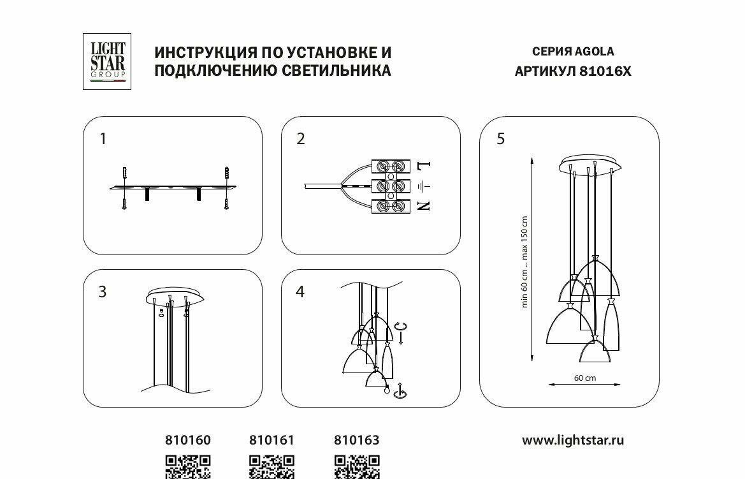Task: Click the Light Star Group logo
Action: (106, 61)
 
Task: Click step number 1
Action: (103, 138)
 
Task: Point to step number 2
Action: (301, 138)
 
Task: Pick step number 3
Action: (103, 291)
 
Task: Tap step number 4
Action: (300, 291)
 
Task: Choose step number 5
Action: (500, 138)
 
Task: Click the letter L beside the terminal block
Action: (424, 166)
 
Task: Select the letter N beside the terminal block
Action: (424, 205)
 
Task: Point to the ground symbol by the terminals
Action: (423, 186)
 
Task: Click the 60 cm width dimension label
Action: (584, 378)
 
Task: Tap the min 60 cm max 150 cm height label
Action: (525, 262)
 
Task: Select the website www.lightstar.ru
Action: (572, 440)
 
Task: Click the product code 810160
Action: (188, 440)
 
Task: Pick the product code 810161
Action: (271, 440)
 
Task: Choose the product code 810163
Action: (357, 440)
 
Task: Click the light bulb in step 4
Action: (386, 390)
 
